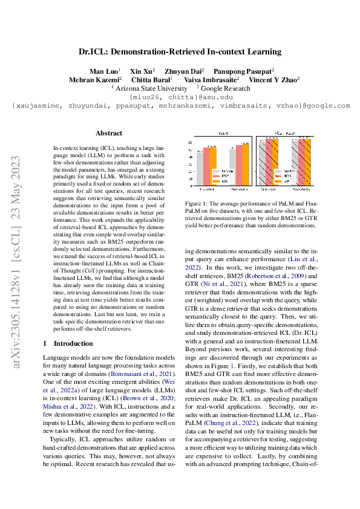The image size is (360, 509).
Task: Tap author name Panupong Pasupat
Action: pyautogui.click(x=250, y=71)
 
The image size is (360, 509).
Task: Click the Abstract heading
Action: pyautogui.click(x=109, y=133)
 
